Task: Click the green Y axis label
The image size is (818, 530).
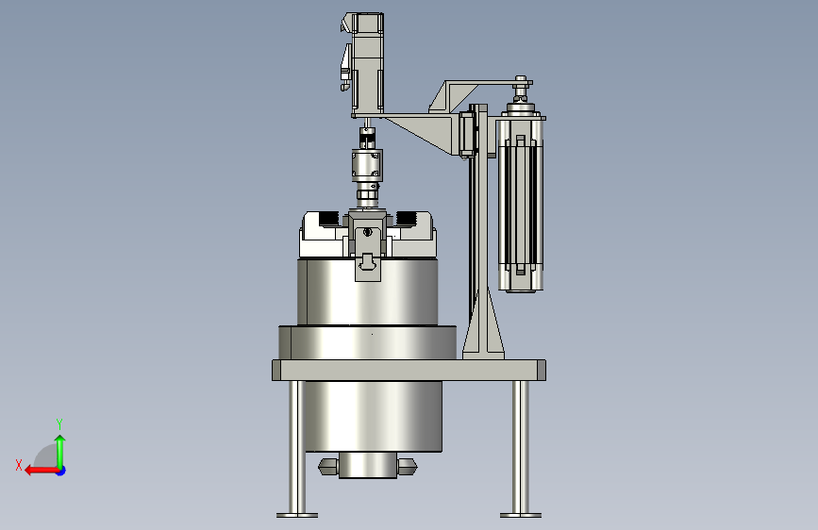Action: (59, 423)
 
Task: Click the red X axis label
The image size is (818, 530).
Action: (19, 465)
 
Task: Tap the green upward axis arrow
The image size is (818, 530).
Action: (60, 451)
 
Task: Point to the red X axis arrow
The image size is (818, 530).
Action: (42, 471)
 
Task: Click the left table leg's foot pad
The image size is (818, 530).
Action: (297, 515)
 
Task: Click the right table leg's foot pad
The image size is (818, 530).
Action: (521, 515)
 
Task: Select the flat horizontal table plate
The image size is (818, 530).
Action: (409, 370)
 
